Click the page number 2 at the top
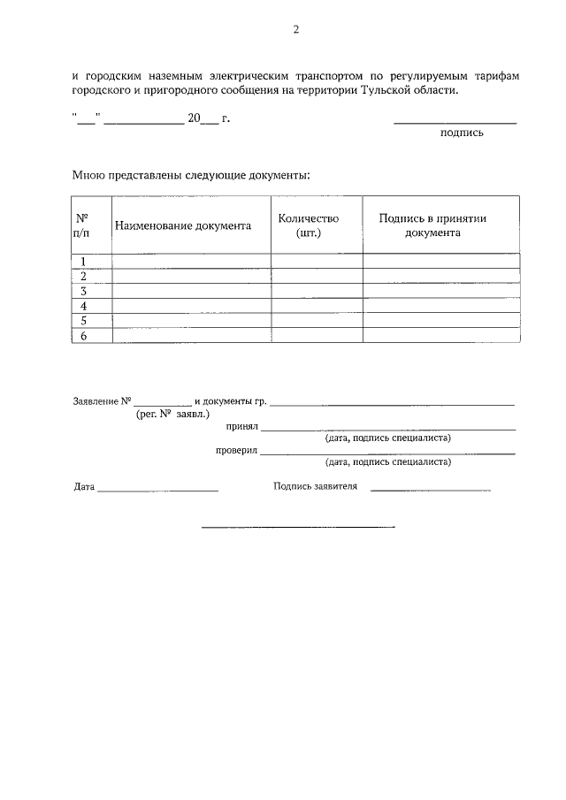(296, 29)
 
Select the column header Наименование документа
(182, 225)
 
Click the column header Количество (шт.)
(308, 225)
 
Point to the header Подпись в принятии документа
(432, 225)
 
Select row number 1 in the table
(83, 261)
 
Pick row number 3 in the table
(83, 291)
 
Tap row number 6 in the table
(83, 336)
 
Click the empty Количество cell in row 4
(317, 306)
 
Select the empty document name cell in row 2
(191, 276)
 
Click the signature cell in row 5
(441, 321)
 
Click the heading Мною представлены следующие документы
(191, 175)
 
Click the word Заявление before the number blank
(96, 401)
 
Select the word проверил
(236, 450)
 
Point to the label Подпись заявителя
(315, 486)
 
